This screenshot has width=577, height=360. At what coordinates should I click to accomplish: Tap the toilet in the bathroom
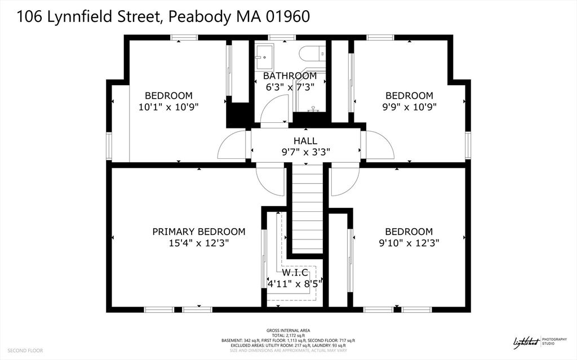click(312, 54)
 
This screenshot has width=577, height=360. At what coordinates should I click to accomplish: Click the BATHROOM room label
click(290, 75)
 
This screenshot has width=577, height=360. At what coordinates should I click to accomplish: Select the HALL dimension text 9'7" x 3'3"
click(305, 152)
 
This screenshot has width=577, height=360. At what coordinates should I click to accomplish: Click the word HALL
click(305, 141)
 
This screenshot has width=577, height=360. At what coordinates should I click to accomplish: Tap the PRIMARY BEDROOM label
click(199, 232)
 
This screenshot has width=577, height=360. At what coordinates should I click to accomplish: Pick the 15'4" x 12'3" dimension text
click(199, 243)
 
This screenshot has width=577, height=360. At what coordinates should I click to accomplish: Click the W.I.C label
click(296, 272)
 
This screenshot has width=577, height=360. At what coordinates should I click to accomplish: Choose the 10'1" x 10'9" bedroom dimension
click(168, 106)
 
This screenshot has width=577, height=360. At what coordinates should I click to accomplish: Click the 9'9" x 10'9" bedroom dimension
click(409, 106)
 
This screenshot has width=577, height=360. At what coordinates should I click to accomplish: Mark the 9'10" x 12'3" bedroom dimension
click(409, 243)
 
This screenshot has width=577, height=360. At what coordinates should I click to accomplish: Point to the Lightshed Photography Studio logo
click(538, 342)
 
